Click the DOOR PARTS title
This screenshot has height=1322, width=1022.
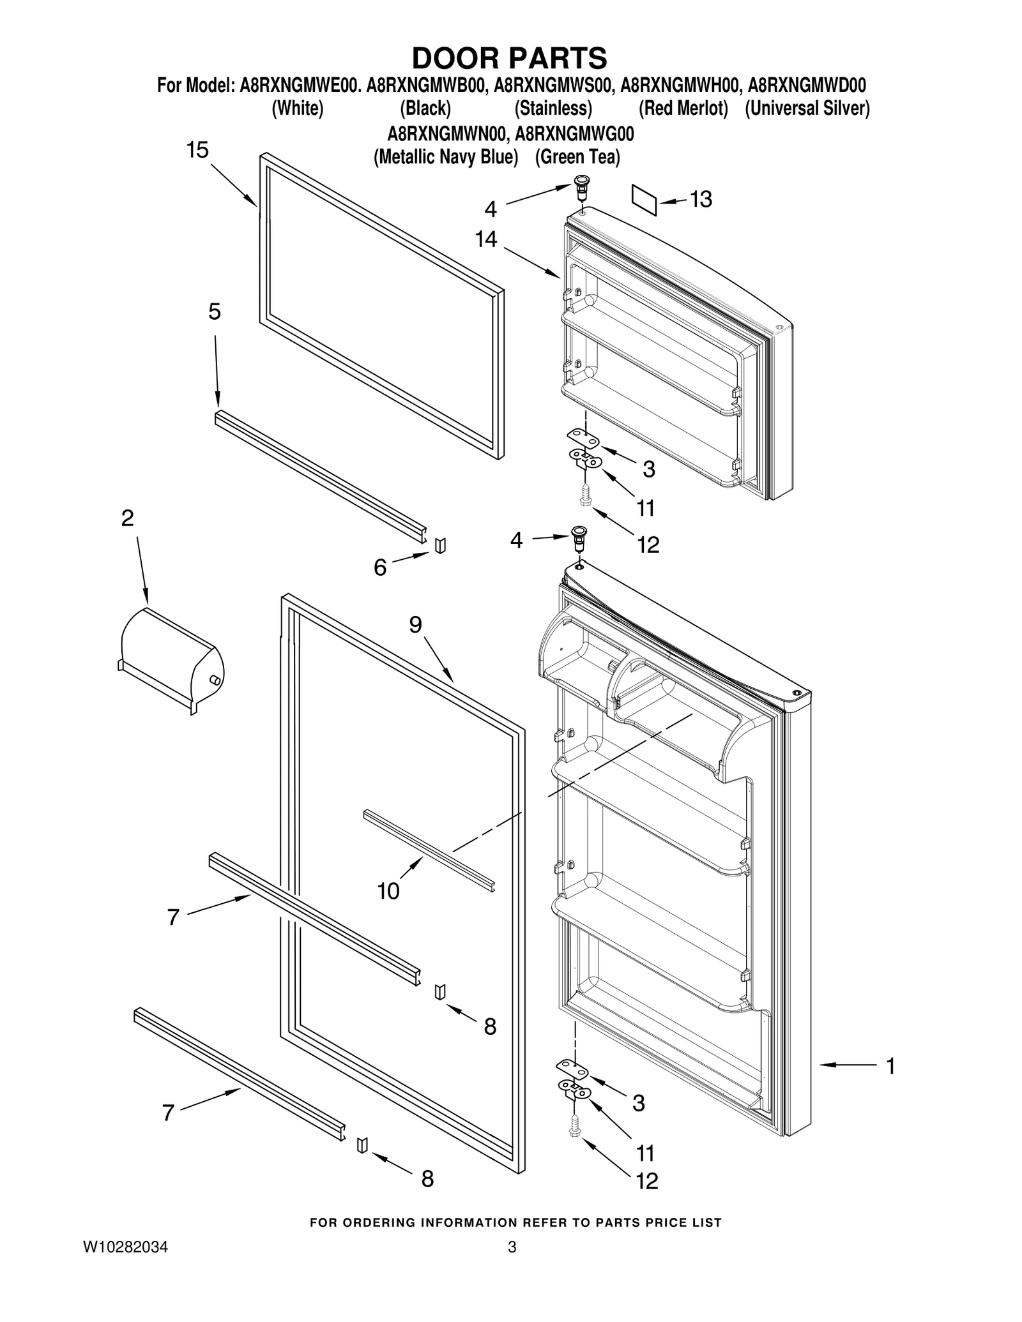pos(509,58)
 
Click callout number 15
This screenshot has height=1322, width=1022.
pos(197,151)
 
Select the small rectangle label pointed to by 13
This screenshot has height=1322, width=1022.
pos(644,200)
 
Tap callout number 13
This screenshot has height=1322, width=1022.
pos(701,199)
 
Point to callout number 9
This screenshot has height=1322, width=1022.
pos(416,624)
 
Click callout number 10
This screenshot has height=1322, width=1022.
pos(388,890)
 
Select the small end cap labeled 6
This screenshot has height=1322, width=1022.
pos(440,546)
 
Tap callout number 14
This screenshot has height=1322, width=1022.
pos(486,239)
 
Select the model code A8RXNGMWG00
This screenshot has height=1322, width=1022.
pos(574,134)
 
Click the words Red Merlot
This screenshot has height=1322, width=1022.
pos(683,109)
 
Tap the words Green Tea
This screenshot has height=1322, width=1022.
pos(577,157)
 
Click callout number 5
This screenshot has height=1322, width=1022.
pos(215,312)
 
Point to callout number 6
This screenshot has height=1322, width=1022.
pos(380,567)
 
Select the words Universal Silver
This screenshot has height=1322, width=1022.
pos(807,109)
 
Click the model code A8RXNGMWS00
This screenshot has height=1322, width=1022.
pos(554,86)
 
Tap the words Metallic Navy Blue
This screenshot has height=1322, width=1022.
pos(446,157)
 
